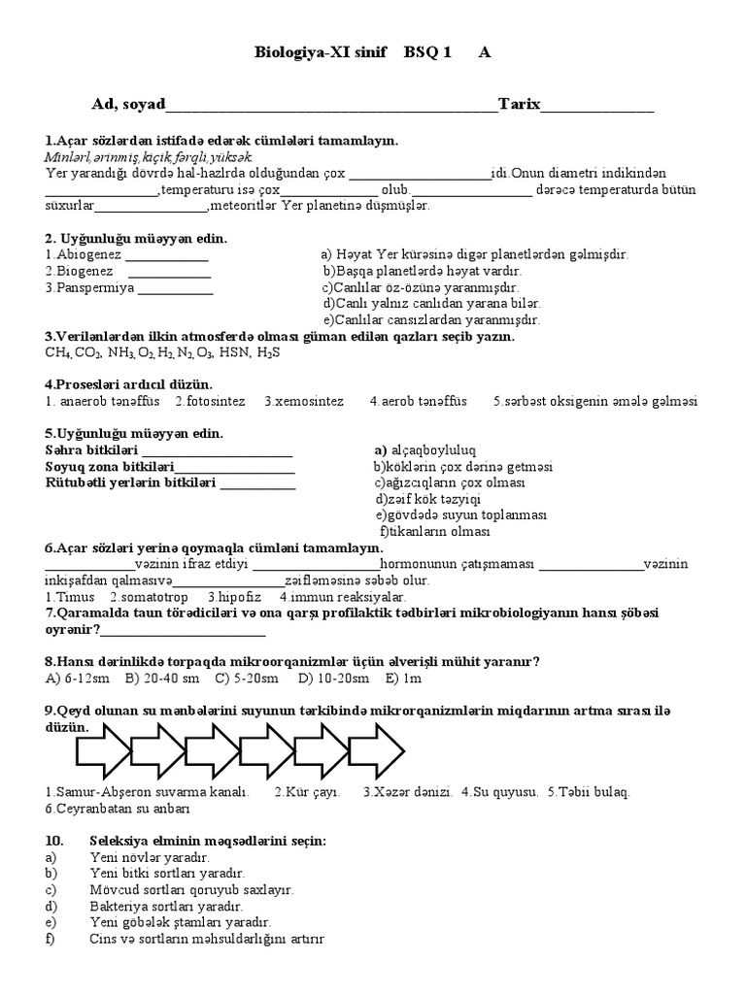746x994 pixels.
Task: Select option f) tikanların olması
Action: tap(433, 531)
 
